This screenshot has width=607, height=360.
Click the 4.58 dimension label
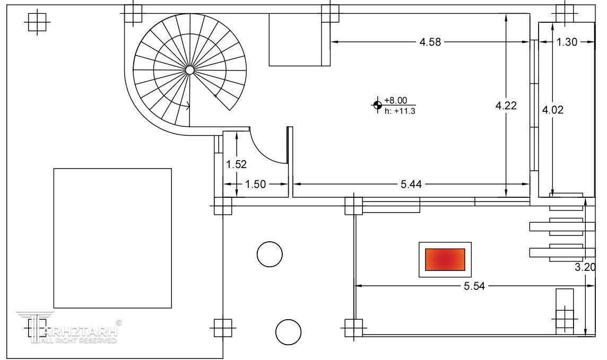point(430,42)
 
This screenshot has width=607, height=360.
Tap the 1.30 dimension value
point(567,42)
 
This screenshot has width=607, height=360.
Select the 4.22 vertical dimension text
point(506,106)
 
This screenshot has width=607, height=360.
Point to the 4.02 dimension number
point(552,110)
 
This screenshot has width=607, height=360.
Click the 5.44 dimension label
point(411,184)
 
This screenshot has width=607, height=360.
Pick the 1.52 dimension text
point(236,164)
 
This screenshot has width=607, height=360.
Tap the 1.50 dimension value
point(256,184)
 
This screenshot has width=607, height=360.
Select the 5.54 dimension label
point(474,286)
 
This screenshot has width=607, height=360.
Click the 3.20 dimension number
point(585,267)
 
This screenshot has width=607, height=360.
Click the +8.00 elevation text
point(396,101)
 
